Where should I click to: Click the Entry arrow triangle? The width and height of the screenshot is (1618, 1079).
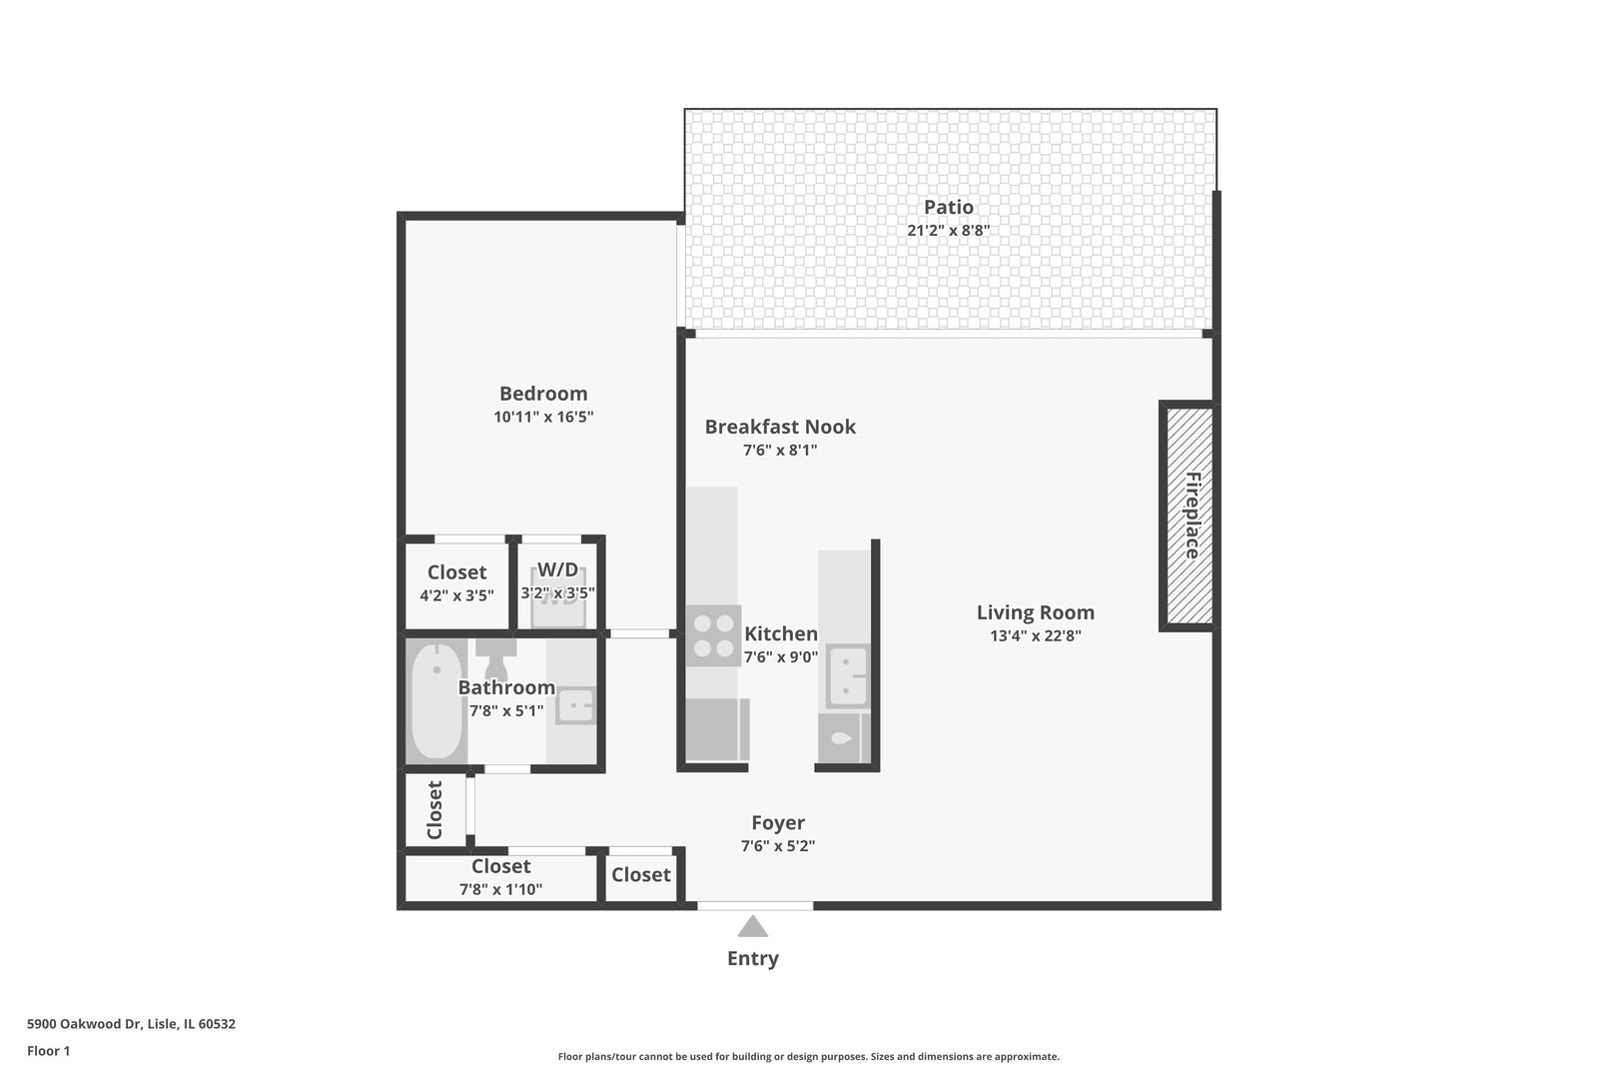[753, 927]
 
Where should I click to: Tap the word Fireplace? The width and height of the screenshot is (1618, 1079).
[1193, 516]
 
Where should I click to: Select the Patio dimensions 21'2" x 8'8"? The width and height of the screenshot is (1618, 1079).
[948, 231]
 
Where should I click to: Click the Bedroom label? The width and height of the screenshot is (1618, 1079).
[543, 394]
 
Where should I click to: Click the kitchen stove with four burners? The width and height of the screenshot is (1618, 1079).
[713, 635]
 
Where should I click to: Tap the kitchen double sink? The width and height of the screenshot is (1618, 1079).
[847, 676]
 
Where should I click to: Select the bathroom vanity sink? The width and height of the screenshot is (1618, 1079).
[575, 706]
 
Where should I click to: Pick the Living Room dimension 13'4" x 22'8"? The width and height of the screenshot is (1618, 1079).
[1035, 636]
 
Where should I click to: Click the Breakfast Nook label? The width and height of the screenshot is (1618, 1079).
[780, 427]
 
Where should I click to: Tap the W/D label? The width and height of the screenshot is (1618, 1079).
[557, 570]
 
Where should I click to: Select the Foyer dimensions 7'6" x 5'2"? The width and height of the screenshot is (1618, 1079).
[777, 846]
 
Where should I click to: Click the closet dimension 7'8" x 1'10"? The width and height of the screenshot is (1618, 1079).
[500, 889]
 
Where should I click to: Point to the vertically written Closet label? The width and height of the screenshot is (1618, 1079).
[434, 810]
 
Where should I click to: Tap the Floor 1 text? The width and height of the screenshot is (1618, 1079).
[48, 1051]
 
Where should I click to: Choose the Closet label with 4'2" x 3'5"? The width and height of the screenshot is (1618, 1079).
[456, 572]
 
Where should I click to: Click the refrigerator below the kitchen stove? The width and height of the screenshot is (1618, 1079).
[716, 729]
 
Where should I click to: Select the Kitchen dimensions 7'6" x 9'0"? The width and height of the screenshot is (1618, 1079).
[780, 657]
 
